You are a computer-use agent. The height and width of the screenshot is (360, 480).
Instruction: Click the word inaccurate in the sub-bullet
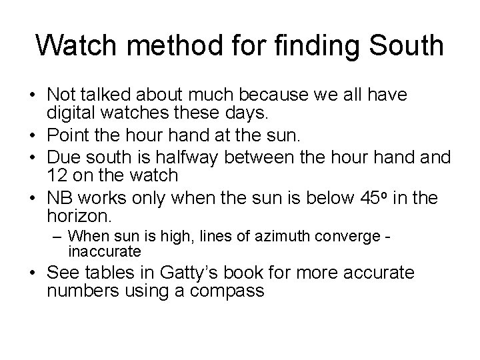click(105, 251)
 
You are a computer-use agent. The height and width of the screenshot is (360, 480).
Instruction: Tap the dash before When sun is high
click(59, 237)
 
